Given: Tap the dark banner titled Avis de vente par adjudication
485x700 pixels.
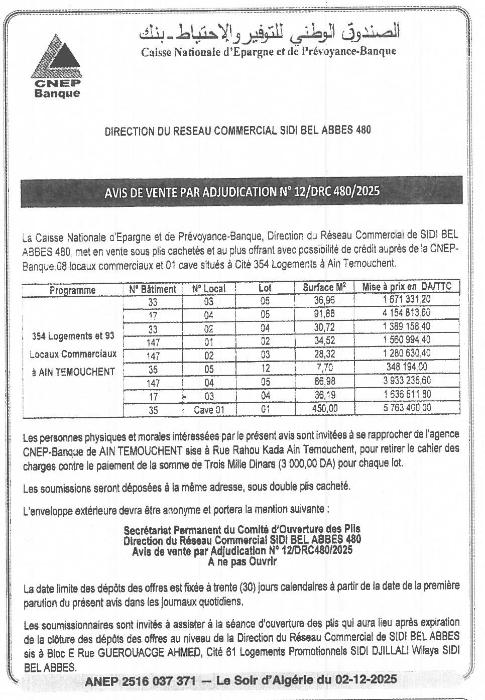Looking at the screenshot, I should pyautogui.click(x=241, y=191).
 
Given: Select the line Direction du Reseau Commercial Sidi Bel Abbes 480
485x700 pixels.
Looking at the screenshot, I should pyautogui.click(x=237, y=131).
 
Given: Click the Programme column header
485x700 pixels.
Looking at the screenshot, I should pyautogui.click(x=72, y=290).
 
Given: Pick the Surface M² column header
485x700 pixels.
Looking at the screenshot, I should pyautogui.click(x=324, y=288).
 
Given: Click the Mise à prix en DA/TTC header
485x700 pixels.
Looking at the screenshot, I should pyautogui.click(x=407, y=287).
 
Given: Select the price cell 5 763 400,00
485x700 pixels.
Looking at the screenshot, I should pyautogui.click(x=407, y=408).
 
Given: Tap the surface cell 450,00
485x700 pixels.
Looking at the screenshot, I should pyautogui.click(x=324, y=409).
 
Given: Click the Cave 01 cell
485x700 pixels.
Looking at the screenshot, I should pyautogui.click(x=209, y=410).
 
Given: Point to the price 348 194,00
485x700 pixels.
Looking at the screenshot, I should pyautogui.click(x=407, y=367).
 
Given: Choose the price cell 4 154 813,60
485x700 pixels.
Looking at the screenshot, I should pyautogui.click(x=407, y=313).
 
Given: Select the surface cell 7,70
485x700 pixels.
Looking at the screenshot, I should pyautogui.click(x=324, y=368).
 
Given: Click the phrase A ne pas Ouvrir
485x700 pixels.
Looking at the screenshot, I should pyautogui.click(x=242, y=562).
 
